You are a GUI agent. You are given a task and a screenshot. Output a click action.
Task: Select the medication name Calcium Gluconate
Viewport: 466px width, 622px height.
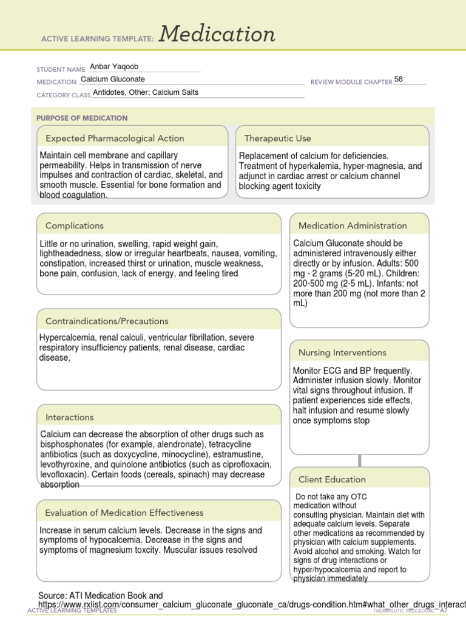pos(113,80)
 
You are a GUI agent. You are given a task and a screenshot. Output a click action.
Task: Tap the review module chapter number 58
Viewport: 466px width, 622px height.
pos(398,80)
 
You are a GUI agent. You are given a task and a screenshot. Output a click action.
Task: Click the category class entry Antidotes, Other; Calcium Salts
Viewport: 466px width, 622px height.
pos(146,93)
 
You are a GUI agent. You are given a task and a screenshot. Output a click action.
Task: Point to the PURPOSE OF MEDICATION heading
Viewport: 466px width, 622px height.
pos(82,118)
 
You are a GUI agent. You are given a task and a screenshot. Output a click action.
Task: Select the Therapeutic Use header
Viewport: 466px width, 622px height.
pos(277,138)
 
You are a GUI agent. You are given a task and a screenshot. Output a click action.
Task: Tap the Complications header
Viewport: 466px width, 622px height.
pos(75,225)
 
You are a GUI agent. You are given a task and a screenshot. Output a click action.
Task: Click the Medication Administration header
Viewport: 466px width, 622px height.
pos(353,225)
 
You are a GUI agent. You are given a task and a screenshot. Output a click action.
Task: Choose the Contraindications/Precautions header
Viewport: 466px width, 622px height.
pos(107,321)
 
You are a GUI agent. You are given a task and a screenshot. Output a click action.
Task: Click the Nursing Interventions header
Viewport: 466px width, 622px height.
pos(342,352)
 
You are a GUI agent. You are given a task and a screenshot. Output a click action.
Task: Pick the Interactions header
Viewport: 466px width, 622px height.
pos(70,417)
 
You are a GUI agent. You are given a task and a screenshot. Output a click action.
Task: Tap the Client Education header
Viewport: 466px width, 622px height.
pos(332,479)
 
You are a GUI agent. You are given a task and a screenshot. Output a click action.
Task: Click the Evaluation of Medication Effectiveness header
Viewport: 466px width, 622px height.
pos(124,513)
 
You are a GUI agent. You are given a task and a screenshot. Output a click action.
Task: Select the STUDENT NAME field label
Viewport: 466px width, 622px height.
pos(61,69)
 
